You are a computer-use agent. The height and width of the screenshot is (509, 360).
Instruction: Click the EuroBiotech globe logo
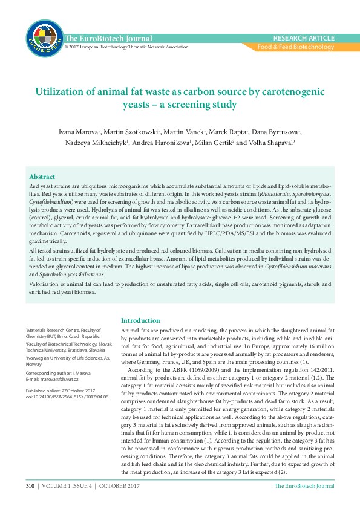(x=44, y=37)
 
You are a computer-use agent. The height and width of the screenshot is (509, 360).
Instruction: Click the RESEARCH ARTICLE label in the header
(x=304, y=37)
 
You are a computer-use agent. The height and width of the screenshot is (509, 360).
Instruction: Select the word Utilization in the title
(x=59, y=92)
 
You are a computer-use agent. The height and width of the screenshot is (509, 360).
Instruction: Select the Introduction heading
(x=140, y=321)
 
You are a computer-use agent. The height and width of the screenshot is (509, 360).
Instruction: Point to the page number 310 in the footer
(x=30, y=486)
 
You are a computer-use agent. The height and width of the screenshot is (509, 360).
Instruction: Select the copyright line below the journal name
(x=127, y=47)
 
